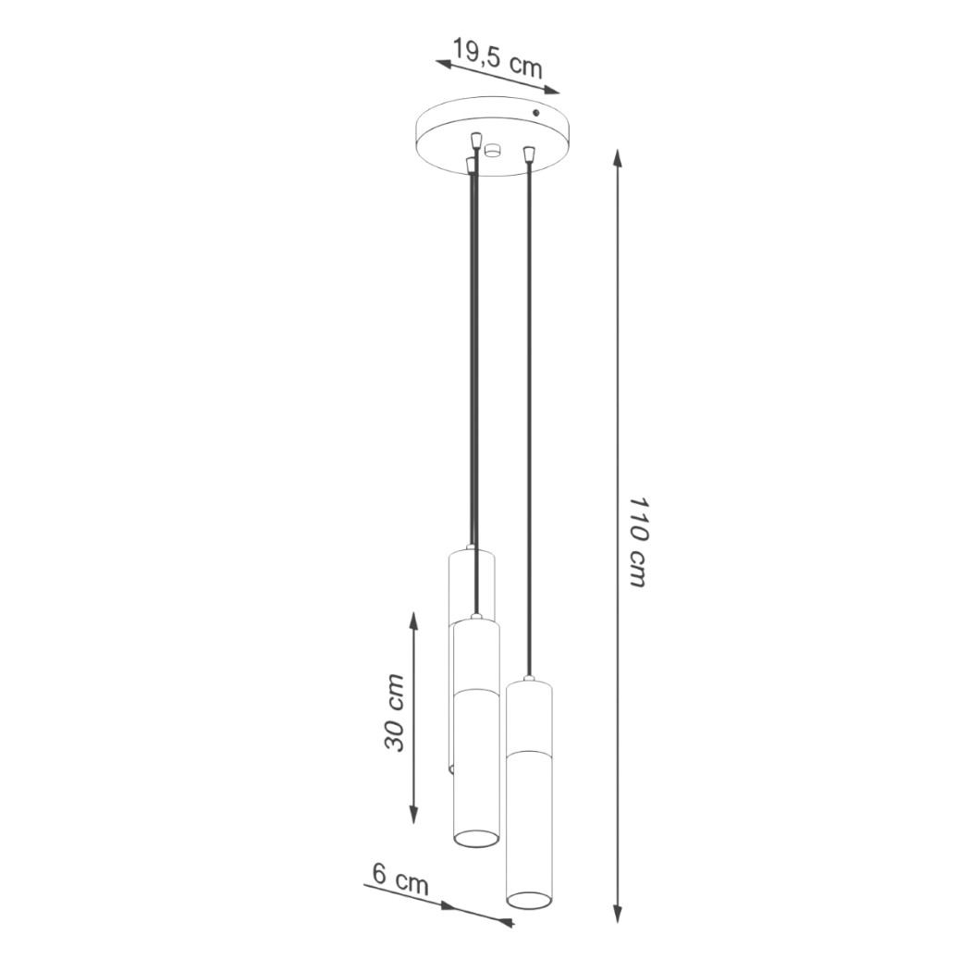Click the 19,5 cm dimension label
pos(498,57)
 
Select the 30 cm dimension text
pos(395,712)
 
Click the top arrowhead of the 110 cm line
pos(617,158)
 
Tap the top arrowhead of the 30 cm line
pos(413,621)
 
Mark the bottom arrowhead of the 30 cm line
pos(413,814)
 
